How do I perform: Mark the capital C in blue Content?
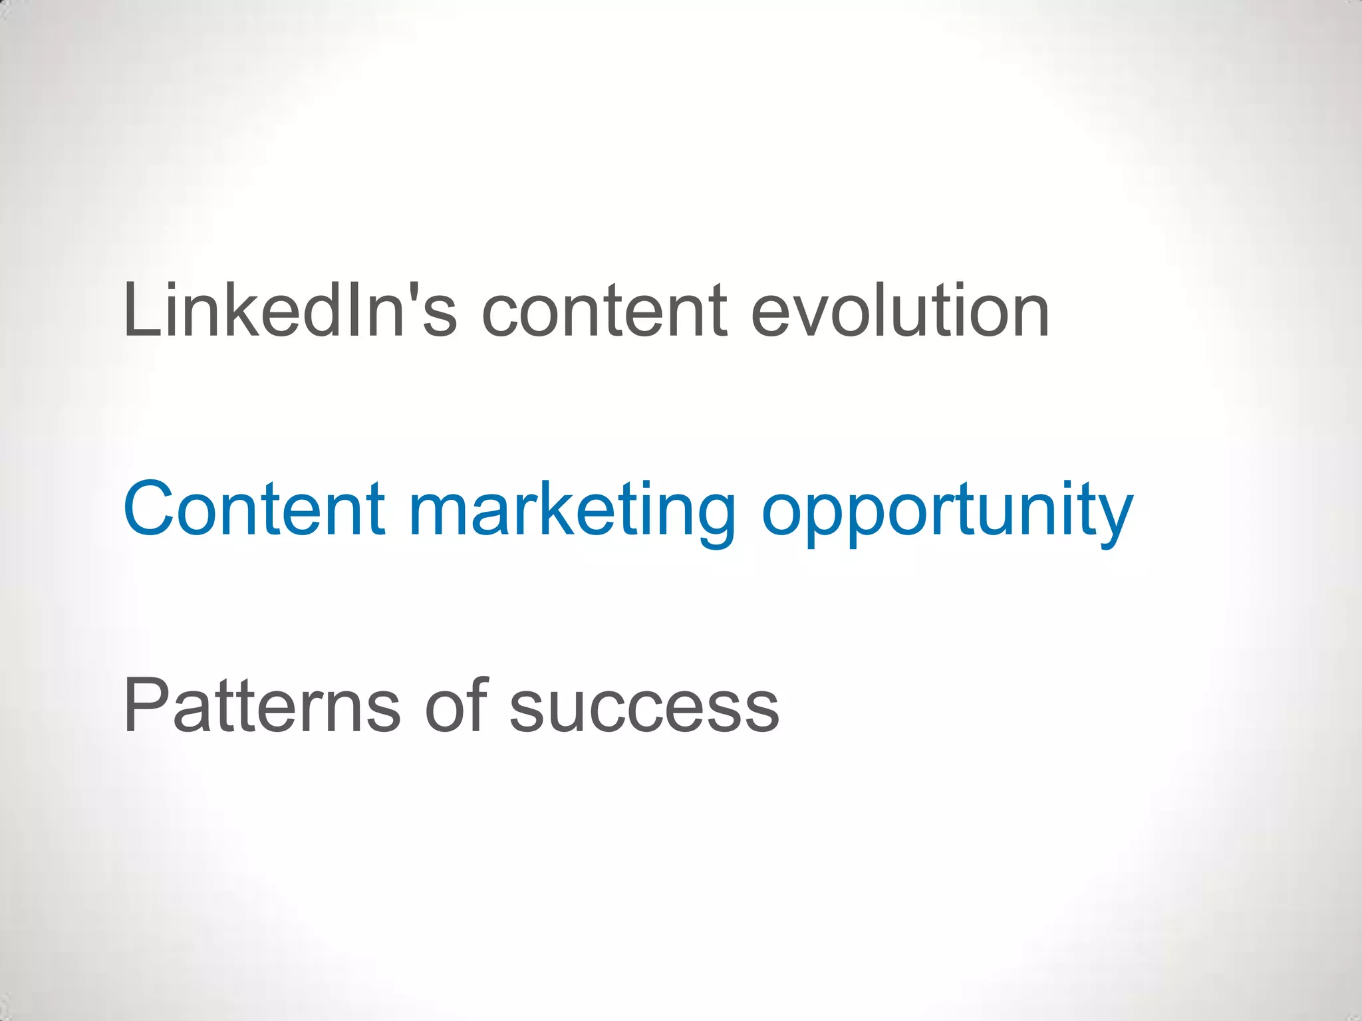152,509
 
